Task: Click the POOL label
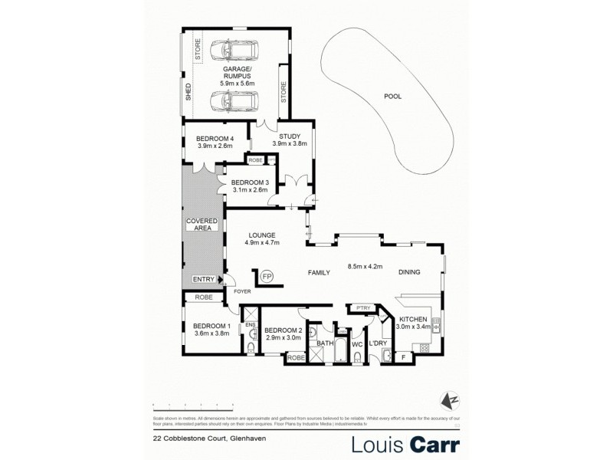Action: [x=393, y=97]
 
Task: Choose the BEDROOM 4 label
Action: [x=215, y=138]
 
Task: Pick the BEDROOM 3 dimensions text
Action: [x=249, y=190]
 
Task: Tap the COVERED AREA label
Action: [x=202, y=224]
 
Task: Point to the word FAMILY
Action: [x=319, y=272]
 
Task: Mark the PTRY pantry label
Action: [x=362, y=308]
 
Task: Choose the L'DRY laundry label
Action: [x=378, y=344]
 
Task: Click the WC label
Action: [x=356, y=344]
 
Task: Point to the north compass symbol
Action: [x=452, y=399]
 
